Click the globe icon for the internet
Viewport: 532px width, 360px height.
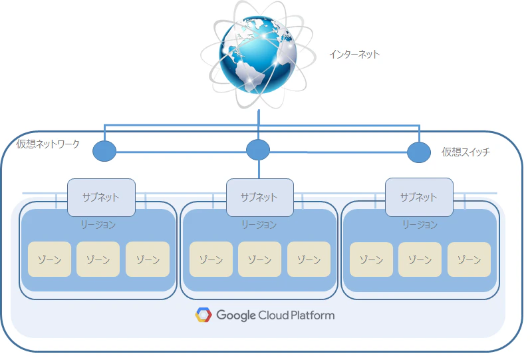tap(259, 55)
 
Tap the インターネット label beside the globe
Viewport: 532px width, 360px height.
tap(354, 55)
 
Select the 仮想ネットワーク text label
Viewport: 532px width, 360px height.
tap(48, 144)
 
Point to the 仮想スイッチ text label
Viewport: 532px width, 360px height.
tap(465, 152)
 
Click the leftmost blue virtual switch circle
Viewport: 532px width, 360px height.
tap(104, 151)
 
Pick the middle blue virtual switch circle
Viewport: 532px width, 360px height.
tap(258, 150)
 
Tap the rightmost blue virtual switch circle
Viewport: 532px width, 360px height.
tap(419, 152)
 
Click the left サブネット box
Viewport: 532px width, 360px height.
tap(102, 198)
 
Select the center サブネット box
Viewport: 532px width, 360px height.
tap(260, 198)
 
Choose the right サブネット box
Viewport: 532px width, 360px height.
tap(419, 197)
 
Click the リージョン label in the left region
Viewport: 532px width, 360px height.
tap(98, 224)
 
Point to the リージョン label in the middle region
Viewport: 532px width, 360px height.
tap(259, 224)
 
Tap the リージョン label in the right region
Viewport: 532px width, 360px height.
tap(420, 224)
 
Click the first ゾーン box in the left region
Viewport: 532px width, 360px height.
tap(49, 259)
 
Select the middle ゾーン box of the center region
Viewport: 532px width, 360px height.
tap(259, 259)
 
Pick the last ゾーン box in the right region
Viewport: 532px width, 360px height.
tap(469, 260)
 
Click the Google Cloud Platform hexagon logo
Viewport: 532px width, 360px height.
tap(203, 315)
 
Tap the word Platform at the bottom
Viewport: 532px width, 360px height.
tap(313, 315)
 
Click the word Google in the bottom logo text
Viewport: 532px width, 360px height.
tap(236, 315)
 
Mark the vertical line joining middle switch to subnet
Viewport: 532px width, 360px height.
tap(259, 169)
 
